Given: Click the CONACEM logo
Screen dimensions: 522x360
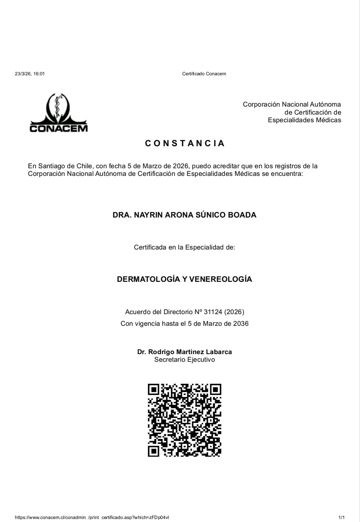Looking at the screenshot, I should click(x=59, y=113).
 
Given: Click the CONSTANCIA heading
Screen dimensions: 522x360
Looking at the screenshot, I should click(x=185, y=143).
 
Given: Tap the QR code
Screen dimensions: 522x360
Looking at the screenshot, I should click(x=184, y=420).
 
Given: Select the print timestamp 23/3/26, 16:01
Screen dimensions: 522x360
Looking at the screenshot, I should click(x=30, y=74).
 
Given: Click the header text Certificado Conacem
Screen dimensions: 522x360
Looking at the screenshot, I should click(x=204, y=74).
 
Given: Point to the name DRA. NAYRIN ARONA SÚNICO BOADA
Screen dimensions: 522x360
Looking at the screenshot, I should click(x=184, y=215).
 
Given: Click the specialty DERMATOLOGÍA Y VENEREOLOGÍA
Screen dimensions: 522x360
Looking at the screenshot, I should click(x=184, y=279).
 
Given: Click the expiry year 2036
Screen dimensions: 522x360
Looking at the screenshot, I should click(x=241, y=323).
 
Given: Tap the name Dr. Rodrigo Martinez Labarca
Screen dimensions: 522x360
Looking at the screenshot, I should click(x=184, y=352).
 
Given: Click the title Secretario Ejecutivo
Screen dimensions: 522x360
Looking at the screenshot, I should click(x=184, y=359).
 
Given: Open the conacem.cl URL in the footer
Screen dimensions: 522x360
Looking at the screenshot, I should click(x=92, y=517).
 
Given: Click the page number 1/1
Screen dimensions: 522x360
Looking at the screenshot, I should click(x=341, y=517).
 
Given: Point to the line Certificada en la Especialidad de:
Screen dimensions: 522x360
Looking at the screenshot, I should click(x=184, y=247).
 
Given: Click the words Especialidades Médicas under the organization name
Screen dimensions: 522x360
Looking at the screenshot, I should click(x=304, y=120).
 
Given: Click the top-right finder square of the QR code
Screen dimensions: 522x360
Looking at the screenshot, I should click(x=215, y=389).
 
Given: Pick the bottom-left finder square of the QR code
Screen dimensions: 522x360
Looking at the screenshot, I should click(x=153, y=451).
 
